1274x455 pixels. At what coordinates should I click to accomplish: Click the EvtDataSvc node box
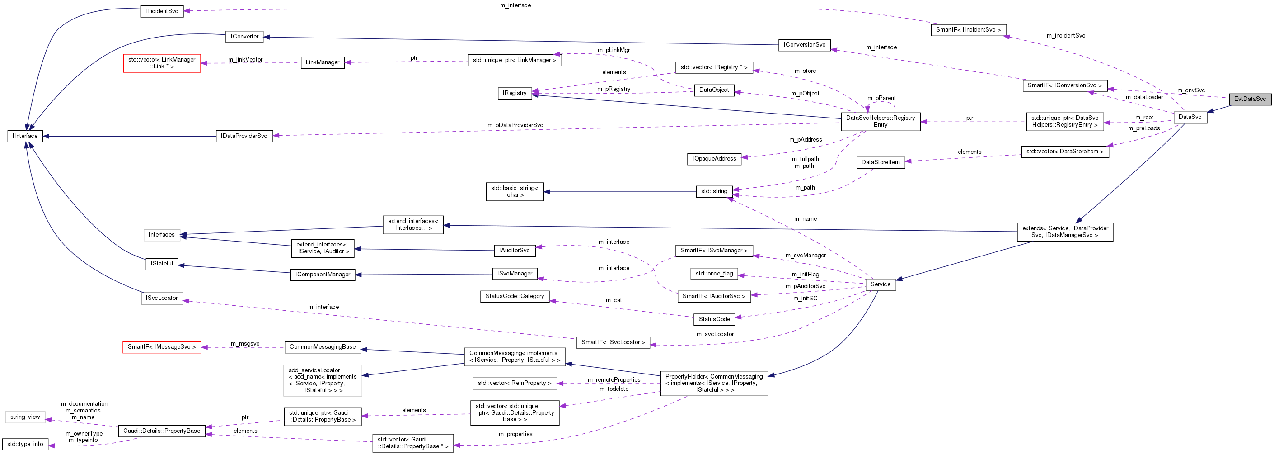click(1249, 99)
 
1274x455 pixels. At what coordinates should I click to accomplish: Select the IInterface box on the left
click(25, 136)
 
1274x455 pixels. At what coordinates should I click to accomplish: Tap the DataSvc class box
click(1190, 117)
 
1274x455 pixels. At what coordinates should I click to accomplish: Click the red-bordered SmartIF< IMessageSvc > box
click(162, 347)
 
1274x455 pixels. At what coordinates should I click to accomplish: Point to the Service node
click(881, 284)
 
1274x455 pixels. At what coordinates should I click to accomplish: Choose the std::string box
click(714, 191)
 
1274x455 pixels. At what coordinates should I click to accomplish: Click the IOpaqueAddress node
click(714, 159)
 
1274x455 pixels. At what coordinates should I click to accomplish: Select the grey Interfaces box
click(162, 235)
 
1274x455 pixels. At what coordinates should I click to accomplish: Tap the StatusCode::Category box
click(515, 296)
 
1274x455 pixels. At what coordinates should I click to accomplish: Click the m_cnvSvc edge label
click(1190, 90)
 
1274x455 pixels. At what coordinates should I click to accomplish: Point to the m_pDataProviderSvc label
click(515, 125)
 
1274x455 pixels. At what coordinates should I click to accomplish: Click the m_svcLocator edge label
click(715, 334)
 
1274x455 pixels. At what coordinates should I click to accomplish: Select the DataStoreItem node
click(881, 162)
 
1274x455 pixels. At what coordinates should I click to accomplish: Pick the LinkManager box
click(323, 62)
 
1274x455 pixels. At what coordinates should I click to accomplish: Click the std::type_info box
click(25, 444)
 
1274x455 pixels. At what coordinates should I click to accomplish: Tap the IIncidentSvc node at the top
click(162, 11)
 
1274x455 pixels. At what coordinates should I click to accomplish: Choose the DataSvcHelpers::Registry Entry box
click(881, 121)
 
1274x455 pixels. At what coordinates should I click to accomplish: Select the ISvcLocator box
click(162, 298)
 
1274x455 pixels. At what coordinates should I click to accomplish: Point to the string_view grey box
click(25, 417)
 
